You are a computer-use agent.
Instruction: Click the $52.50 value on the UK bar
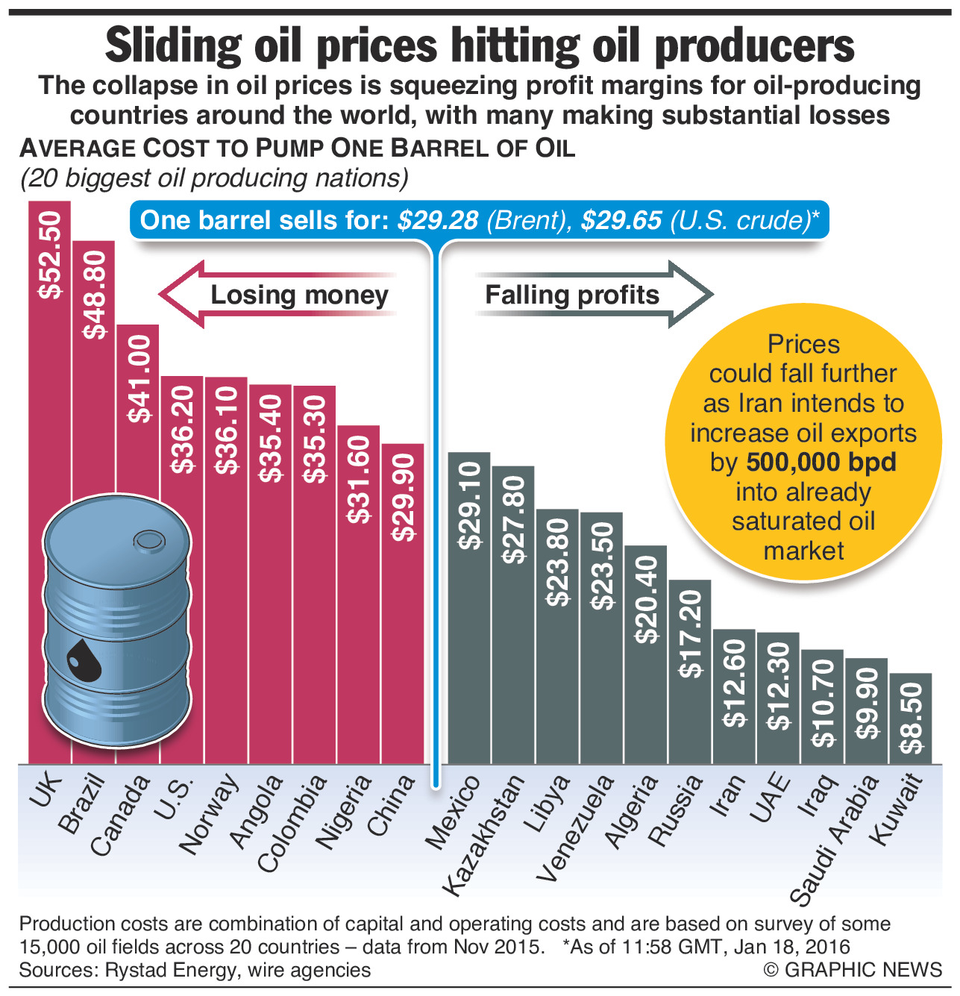(50, 254)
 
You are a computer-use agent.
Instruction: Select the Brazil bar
(94, 448)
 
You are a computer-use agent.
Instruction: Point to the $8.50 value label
(911, 718)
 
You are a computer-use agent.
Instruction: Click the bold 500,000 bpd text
(821, 463)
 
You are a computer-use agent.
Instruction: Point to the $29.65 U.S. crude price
(621, 220)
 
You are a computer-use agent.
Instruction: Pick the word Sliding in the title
(173, 46)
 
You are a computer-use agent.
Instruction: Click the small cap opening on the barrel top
(148, 539)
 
